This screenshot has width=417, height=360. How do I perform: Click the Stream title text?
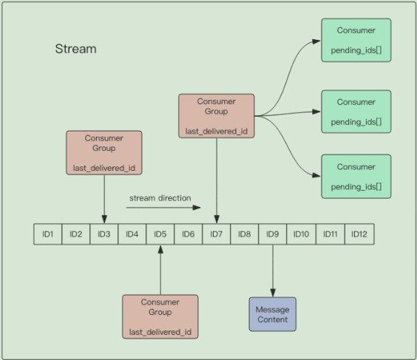pyautogui.click(x=75, y=50)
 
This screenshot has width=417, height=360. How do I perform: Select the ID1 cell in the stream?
pyautogui.click(x=48, y=234)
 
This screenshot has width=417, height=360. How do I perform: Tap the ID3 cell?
pyautogui.click(x=104, y=234)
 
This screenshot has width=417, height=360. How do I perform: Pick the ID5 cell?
pyautogui.click(x=160, y=234)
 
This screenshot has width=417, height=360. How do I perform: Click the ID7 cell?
pyautogui.click(x=217, y=234)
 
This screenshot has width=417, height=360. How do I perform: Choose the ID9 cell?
pyautogui.click(x=273, y=234)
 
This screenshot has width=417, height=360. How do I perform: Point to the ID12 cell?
pyautogui.click(x=359, y=234)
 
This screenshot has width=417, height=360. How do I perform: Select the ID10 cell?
pyautogui.click(x=301, y=234)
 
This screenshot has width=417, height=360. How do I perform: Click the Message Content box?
pyautogui.click(x=272, y=314)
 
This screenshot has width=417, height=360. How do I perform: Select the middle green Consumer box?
pyautogui.click(x=356, y=112)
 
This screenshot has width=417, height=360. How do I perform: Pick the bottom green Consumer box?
pyautogui.click(x=356, y=177)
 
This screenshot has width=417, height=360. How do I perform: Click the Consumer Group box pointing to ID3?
pyautogui.click(x=104, y=153)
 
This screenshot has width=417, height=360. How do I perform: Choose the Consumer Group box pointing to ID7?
pyautogui.click(x=217, y=116)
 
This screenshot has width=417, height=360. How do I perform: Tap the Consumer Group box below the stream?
pyautogui.click(x=160, y=317)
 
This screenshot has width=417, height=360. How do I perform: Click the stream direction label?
pyautogui.click(x=160, y=198)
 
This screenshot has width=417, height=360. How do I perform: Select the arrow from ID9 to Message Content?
pyautogui.click(x=273, y=270)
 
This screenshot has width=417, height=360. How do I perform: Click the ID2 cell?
pyautogui.click(x=75, y=234)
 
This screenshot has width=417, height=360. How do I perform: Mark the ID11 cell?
pyautogui.click(x=330, y=234)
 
